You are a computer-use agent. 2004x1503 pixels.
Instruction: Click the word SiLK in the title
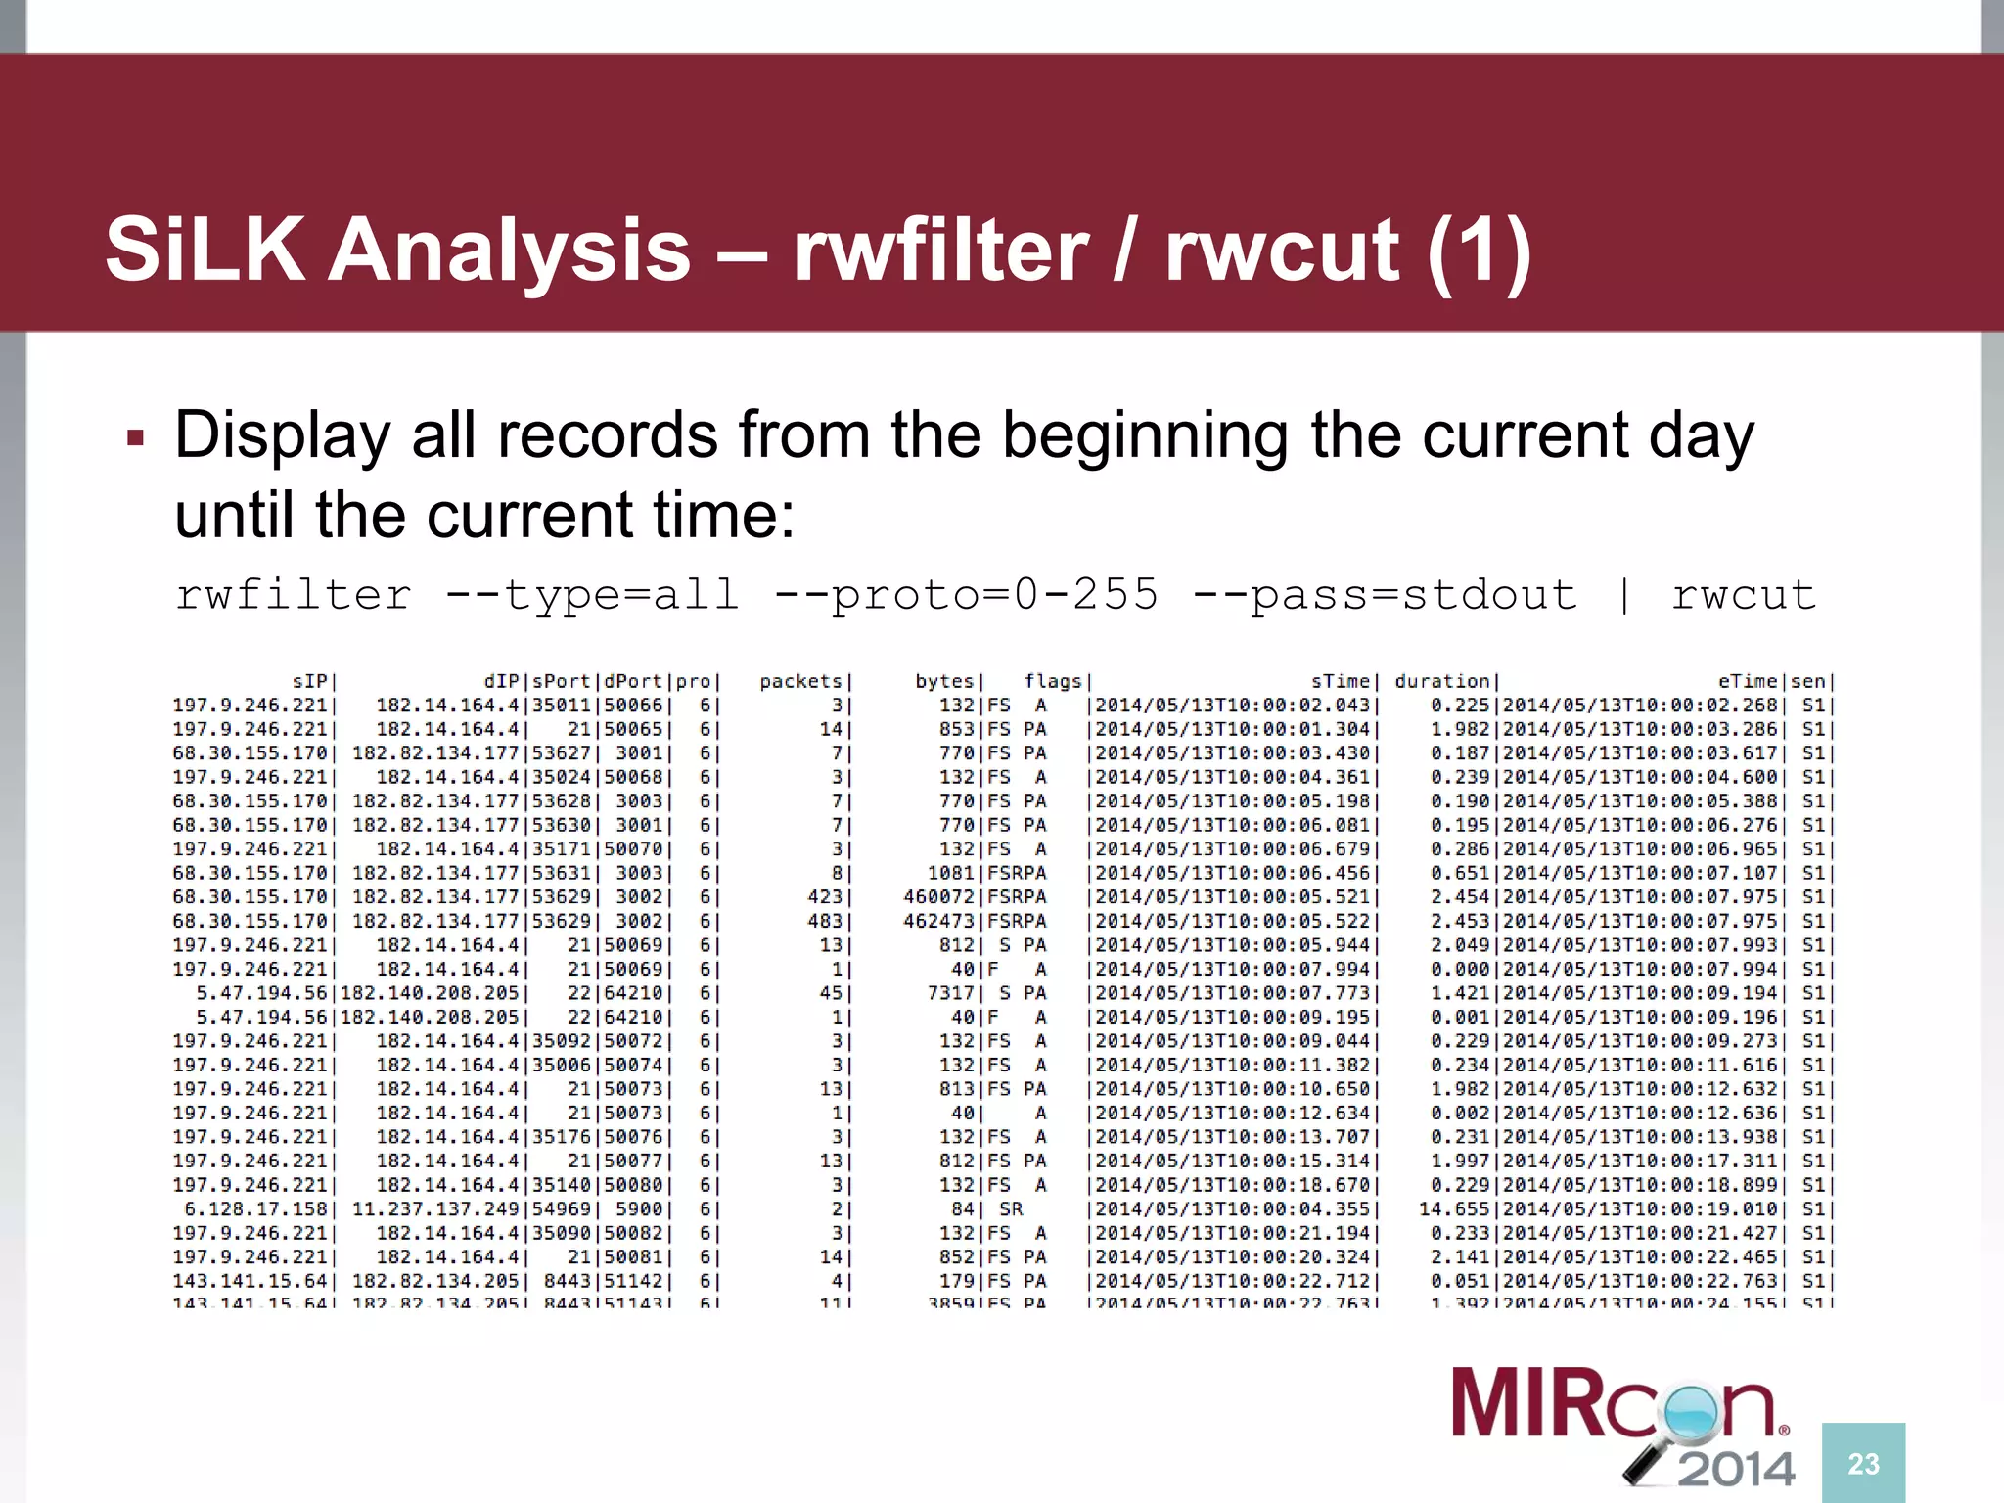click(205, 250)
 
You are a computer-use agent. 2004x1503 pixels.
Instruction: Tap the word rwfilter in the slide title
click(940, 250)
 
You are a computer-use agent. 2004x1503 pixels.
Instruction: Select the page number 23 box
click(1863, 1463)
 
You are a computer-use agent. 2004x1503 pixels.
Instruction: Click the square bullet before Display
click(136, 437)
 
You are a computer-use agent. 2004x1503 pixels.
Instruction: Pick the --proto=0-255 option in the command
click(965, 595)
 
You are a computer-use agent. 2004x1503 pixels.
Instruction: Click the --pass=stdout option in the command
click(1385, 595)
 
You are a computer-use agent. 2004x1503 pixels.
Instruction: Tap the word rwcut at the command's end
click(1743, 595)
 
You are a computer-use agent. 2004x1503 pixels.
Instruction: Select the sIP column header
click(311, 681)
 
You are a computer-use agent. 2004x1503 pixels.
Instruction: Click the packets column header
click(800, 681)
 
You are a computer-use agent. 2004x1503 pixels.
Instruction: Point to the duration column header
click(1441, 681)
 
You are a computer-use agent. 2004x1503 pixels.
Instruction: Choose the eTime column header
click(1747, 681)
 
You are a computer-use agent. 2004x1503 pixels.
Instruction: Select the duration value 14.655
click(1453, 1209)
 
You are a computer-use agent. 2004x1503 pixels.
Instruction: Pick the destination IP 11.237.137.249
click(435, 1209)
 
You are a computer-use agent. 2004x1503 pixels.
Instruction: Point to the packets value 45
click(830, 993)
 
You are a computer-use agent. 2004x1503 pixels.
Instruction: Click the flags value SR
click(1011, 1209)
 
